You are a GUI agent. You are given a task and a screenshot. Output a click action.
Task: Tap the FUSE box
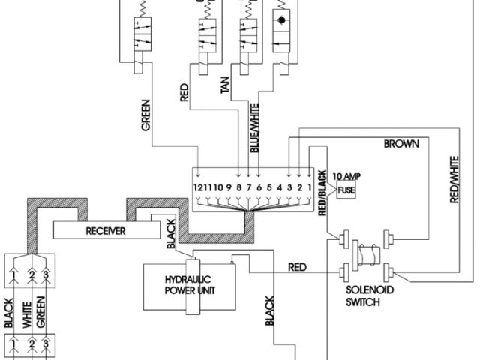click(345, 190)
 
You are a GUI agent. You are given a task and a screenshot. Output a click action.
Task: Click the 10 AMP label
click(346, 178)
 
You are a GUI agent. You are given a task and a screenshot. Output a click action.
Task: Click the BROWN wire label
click(402, 142)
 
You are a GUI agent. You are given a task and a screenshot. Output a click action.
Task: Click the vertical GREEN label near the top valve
click(146, 117)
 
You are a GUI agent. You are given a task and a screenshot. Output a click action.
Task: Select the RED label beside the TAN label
click(184, 91)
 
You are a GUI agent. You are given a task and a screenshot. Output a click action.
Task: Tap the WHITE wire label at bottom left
click(24, 313)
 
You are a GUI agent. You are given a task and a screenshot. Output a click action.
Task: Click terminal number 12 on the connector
click(199, 186)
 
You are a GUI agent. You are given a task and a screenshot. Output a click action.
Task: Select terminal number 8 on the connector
click(238, 186)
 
